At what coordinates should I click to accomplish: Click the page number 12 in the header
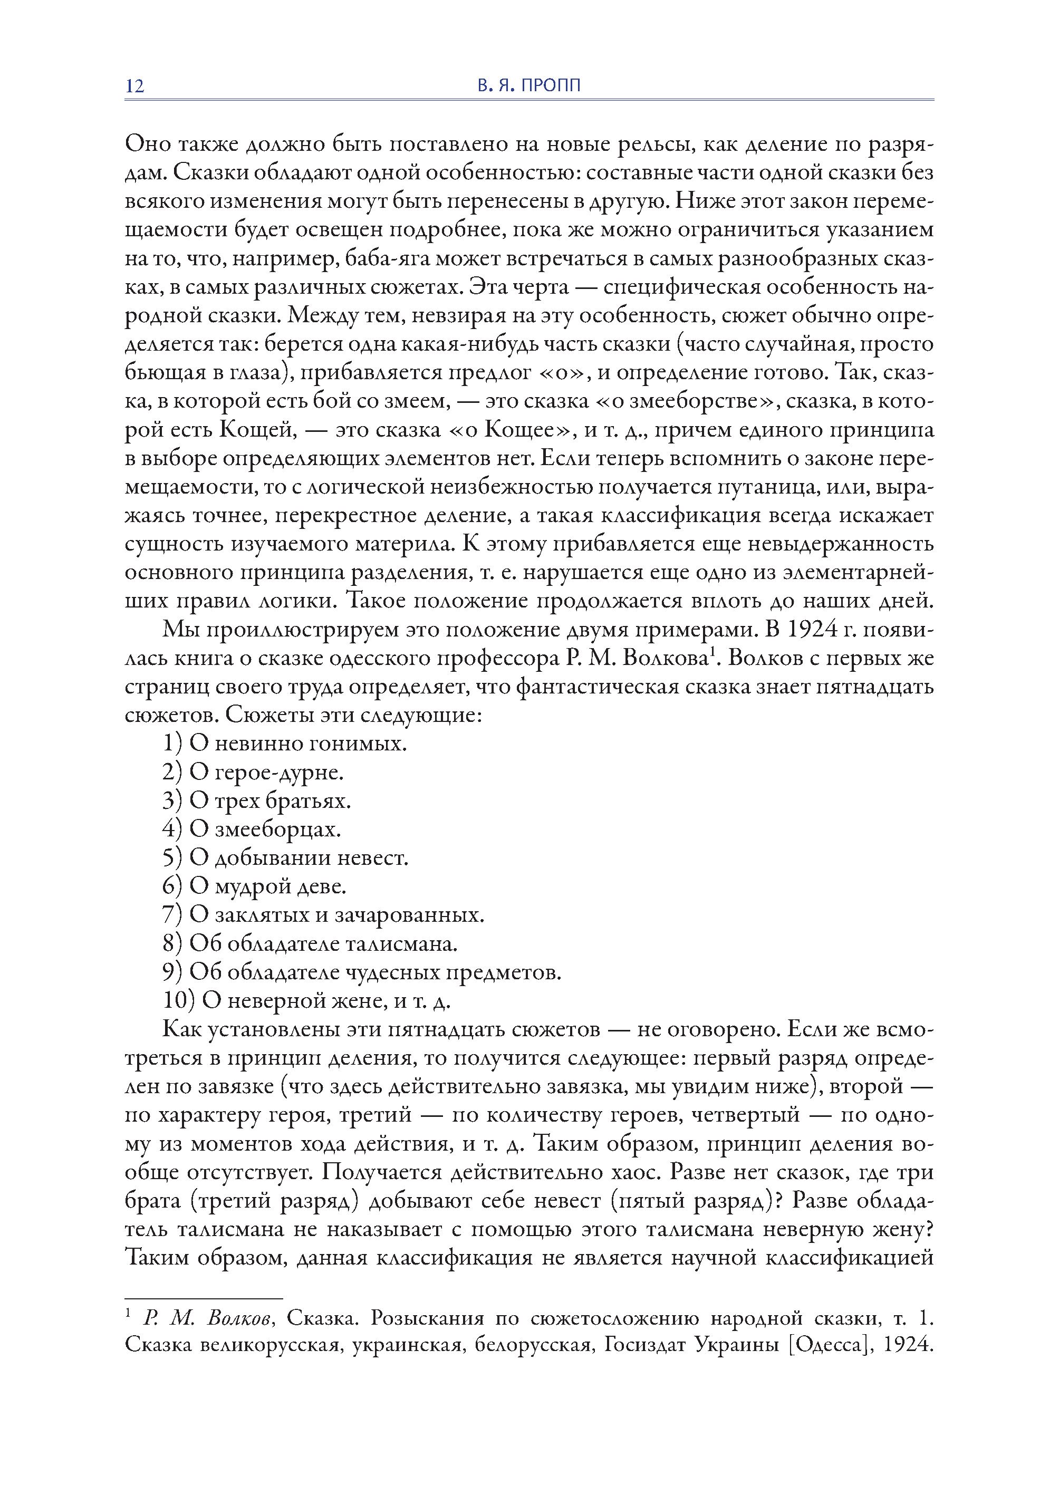(x=134, y=86)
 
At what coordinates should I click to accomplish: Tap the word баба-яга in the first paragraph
(x=386, y=259)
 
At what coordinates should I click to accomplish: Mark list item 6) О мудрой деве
(x=254, y=886)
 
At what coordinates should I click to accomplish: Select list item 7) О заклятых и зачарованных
(x=323, y=915)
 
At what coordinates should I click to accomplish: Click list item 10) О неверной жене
(x=306, y=1001)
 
